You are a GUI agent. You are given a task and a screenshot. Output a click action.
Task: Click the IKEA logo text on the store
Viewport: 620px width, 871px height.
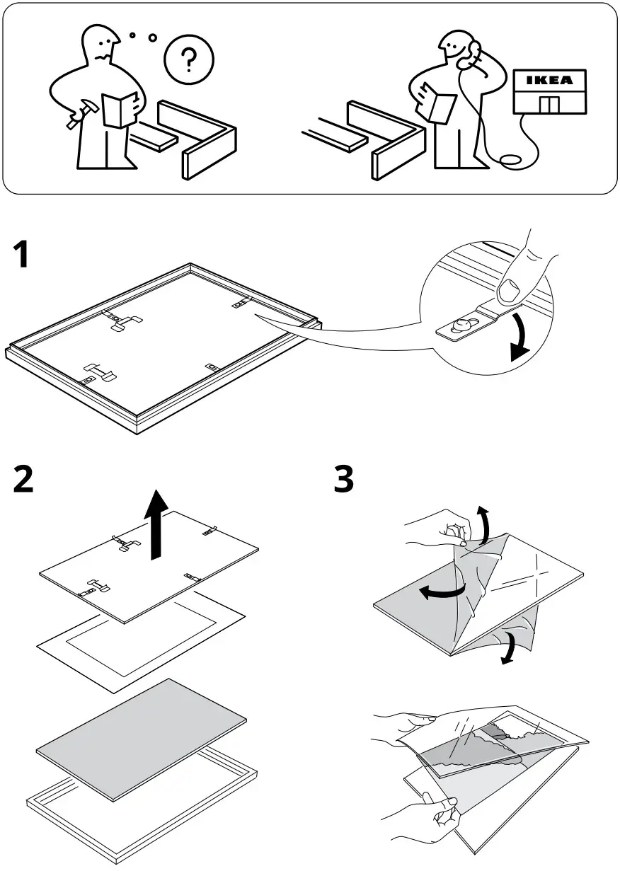pos(549,81)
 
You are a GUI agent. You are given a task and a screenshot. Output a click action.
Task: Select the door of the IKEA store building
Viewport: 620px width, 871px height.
pos(549,105)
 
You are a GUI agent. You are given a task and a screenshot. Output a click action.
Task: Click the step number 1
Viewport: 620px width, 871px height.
pos(23,254)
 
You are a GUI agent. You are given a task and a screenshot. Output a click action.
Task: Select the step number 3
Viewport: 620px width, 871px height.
pos(344,480)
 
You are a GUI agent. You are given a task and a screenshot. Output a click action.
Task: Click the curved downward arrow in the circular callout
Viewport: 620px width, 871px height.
pos(523,338)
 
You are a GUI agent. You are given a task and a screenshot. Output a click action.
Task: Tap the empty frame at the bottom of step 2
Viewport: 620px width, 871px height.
pos(142,814)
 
